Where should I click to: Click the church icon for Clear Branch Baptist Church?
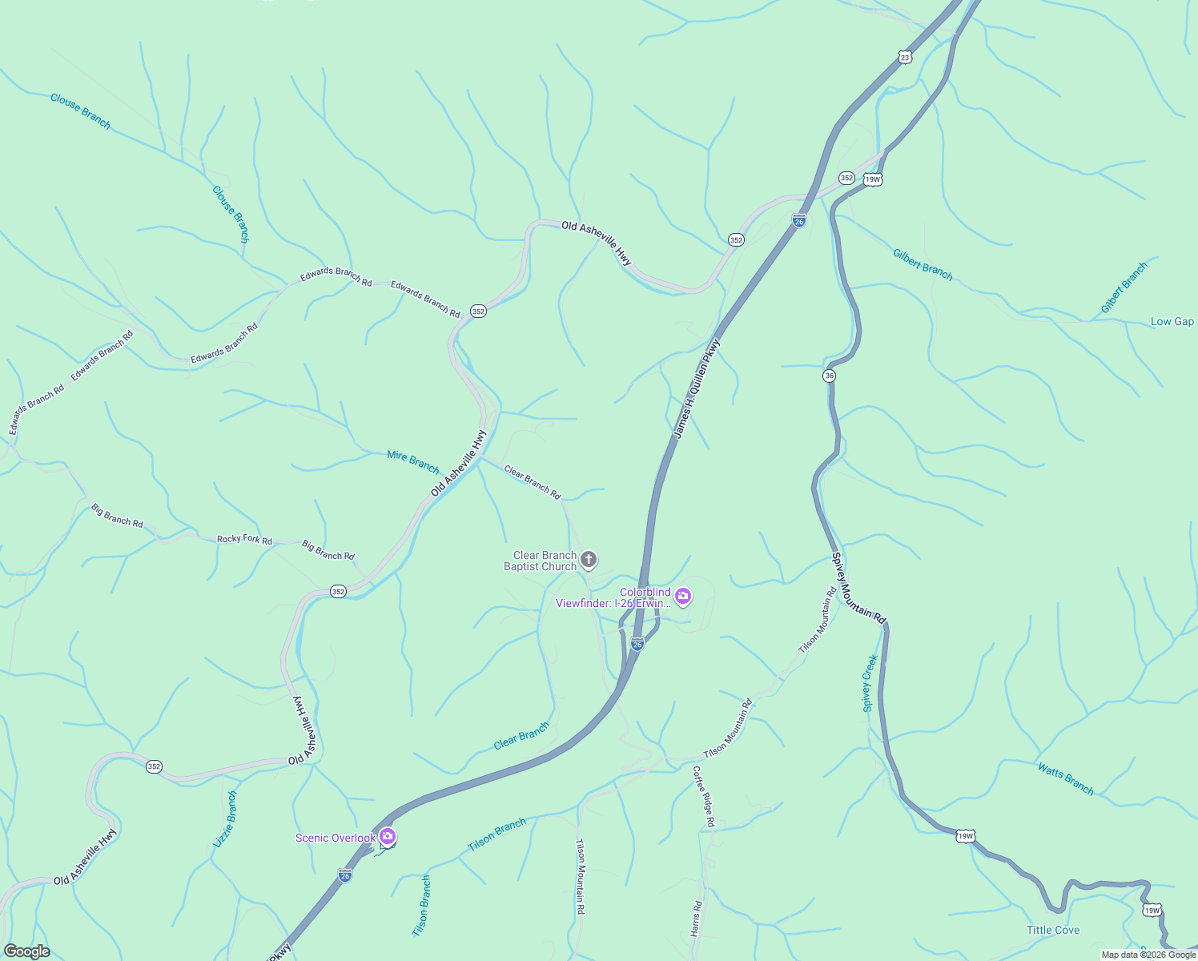(x=589, y=560)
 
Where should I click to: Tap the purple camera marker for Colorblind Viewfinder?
(x=683, y=595)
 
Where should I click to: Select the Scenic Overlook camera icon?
(x=388, y=837)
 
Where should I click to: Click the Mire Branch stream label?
(x=413, y=461)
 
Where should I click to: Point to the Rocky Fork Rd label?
(x=244, y=540)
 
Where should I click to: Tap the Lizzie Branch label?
(x=226, y=819)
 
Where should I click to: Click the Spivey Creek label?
(x=870, y=683)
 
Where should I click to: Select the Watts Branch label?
(x=1065, y=779)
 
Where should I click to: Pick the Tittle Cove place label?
(x=1053, y=930)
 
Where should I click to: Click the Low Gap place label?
(x=1172, y=321)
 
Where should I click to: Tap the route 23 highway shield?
(x=904, y=57)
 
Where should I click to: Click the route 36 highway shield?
(x=829, y=376)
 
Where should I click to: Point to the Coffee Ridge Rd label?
(x=704, y=796)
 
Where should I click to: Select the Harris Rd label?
(x=697, y=919)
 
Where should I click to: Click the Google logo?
(x=26, y=951)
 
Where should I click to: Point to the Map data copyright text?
(x=1148, y=955)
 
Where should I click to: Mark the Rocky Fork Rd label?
(x=244, y=540)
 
